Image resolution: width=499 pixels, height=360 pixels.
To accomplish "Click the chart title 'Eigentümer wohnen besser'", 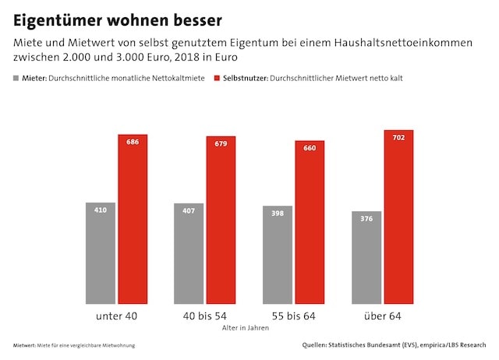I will (117, 18).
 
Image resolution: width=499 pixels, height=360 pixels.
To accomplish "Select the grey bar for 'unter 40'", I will (101, 253).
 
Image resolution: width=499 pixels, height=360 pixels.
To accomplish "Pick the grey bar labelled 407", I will (189, 254).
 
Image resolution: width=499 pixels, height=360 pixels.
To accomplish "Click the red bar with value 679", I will (221, 221).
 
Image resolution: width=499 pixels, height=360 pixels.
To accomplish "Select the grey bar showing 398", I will (278, 256).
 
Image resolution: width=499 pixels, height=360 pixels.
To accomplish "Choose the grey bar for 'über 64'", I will (366, 258).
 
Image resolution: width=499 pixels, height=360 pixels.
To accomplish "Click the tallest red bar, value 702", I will (398, 217).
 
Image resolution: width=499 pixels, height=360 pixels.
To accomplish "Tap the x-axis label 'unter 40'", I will (116, 316).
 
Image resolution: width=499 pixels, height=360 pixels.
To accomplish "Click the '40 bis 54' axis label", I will (204, 316).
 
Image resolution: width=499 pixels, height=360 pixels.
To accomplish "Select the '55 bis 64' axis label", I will (293, 316).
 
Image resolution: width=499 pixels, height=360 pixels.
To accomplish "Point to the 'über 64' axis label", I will (382, 316).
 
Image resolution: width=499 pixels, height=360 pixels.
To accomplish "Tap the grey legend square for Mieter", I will (17, 79).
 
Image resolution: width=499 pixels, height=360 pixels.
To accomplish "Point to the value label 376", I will (366, 218).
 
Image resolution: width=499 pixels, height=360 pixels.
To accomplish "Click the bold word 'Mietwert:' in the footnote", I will (26, 345).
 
